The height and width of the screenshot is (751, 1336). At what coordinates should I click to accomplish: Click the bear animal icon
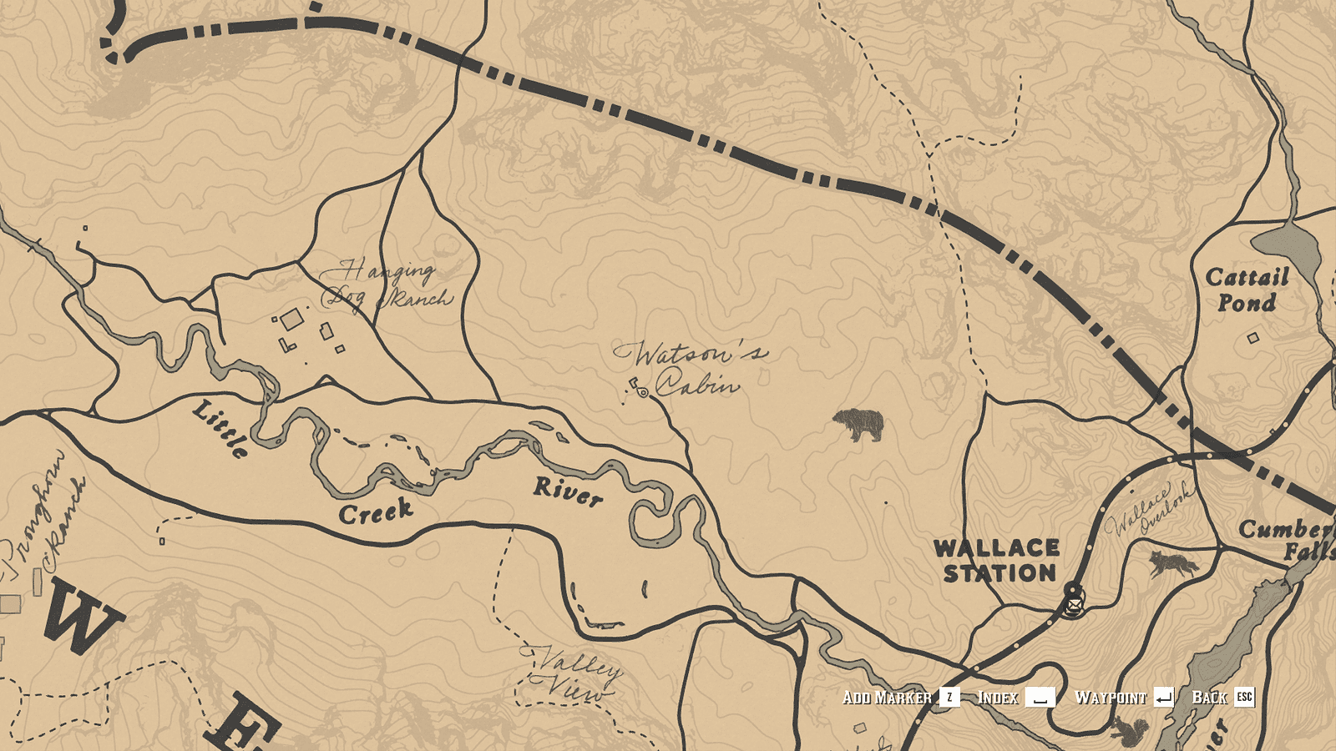[859, 425]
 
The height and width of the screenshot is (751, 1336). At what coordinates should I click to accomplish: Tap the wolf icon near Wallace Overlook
[1173, 565]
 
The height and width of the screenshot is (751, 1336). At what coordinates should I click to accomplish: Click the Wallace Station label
[997, 561]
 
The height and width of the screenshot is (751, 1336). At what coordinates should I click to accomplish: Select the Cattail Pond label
[1247, 290]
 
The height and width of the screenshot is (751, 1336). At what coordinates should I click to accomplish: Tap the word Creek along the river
[376, 512]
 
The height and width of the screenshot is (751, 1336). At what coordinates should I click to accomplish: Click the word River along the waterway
[568, 491]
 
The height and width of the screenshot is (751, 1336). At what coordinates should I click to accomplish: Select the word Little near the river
[220, 428]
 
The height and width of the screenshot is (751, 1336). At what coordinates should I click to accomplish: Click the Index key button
[1040, 698]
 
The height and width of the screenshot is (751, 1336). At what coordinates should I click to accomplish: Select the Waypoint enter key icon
[1164, 698]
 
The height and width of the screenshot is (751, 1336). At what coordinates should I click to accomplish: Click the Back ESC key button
[1244, 697]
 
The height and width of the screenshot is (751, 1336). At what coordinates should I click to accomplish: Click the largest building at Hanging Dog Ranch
[291, 320]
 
